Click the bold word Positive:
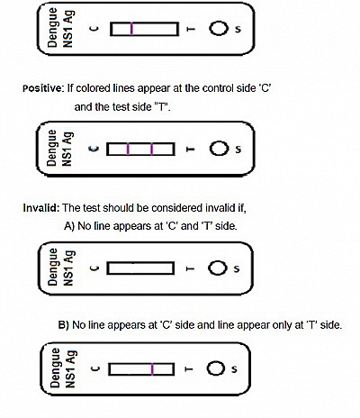(x=43, y=88)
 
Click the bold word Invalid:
(x=41, y=208)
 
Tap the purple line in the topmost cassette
(x=131, y=29)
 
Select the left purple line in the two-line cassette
(x=128, y=149)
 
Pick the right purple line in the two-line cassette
(x=152, y=149)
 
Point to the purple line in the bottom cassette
(x=153, y=369)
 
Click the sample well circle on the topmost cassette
(x=218, y=29)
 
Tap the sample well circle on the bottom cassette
(x=216, y=368)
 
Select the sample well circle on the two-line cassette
(x=219, y=149)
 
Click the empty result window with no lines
(x=140, y=268)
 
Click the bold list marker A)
(x=69, y=226)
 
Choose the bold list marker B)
(x=64, y=325)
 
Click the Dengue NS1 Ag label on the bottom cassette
(x=62, y=368)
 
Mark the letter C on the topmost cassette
(x=94, y=29)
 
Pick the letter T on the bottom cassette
(x=189, y=369)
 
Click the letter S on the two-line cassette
(x=238, y=149)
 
